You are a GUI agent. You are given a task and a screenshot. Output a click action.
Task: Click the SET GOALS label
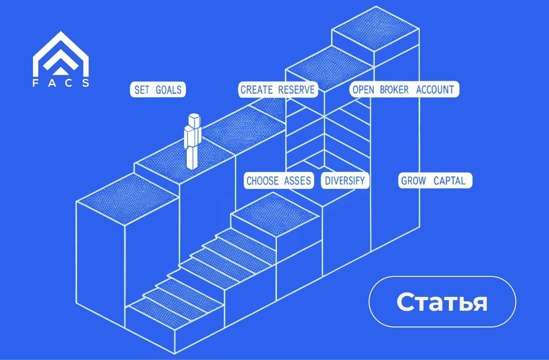pos(158,90)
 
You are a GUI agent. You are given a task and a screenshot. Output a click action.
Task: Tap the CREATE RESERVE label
pos(278,90)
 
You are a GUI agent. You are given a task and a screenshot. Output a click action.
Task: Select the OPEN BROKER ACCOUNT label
pos(404,90)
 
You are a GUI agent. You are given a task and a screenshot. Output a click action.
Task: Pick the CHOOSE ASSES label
pos(279,180)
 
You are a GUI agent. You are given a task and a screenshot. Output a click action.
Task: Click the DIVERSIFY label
pos(345,180)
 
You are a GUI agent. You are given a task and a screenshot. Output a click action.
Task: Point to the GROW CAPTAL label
pos(435,180)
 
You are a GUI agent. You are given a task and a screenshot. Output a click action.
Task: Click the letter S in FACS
pos(86,83)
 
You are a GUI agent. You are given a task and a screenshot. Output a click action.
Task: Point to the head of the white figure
pos(194,120)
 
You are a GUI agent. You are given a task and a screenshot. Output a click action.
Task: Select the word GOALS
pos(169,90)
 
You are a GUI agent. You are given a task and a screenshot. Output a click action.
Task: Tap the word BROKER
pos(394,90)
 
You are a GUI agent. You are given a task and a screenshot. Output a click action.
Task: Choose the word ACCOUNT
pos(435,90)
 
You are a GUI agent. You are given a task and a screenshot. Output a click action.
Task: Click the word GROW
pos(413,180)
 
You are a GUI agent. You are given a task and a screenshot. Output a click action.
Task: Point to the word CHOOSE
pos(262,180)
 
